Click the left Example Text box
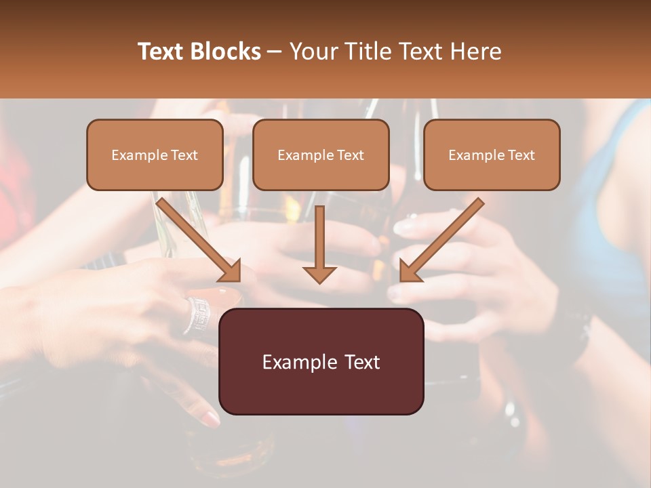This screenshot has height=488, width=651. tap(155, 155)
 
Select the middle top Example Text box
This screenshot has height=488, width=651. tap(321, 155)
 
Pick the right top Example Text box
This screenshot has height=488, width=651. tap(492, 155)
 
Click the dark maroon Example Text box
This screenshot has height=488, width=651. tap(321, 362)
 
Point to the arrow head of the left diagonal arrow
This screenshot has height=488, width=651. tap(230, 271)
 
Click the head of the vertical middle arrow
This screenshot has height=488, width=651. tap(319, 273)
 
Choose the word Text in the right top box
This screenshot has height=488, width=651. tap(521, 155)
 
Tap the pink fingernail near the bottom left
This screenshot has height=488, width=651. tap(212, 419)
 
